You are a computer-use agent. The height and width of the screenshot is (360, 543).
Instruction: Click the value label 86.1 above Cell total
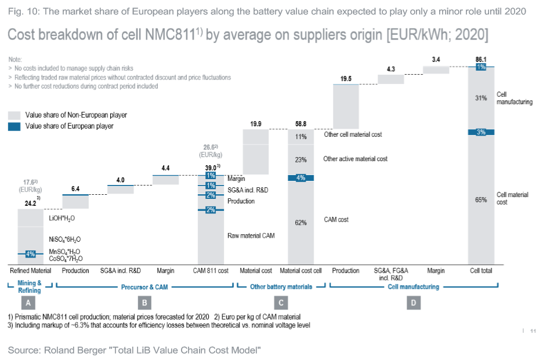pyautogui.click(x=481, y=60)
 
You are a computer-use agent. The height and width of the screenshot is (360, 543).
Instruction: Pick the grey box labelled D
pyautogui.click(x=413, y=302)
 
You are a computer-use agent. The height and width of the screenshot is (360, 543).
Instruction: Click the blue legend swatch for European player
pyautogui.click(x=14, y=126)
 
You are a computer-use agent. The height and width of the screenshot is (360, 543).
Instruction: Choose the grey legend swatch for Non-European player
pyautogui.click(x=14, y=115)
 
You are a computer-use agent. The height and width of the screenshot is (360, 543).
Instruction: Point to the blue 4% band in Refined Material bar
pyautogui.click(x=31, y=253)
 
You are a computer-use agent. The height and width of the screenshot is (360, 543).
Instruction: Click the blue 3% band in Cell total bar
pyautogui.click(x=481, y=132)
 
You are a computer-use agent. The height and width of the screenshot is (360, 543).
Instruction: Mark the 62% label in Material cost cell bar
pyautogui.click(x=301, y=223)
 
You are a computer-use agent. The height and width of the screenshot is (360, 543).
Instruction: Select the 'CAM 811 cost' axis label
pyautogui.click(x=211, y=271)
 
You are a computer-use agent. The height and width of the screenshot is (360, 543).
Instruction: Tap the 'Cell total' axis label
pyautogui.click(x=481, y=271)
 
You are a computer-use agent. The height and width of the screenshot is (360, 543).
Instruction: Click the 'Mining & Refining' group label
pyautogui.click(x=30, y=286)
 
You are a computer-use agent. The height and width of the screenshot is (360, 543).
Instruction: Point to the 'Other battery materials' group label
pyautogui.click(x=281, y=286)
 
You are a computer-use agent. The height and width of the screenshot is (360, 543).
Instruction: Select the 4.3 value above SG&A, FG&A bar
pyautogui.click(x=390, y=70)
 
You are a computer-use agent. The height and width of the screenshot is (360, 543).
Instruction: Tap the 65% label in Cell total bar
pyautogui.click(x=481, y=199)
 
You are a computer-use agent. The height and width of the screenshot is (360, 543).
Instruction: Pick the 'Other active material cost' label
pyautogui.click(x=355, y=159)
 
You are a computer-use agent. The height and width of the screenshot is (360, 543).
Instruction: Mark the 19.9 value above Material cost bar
pyautogui.click(x=255, y=123)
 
